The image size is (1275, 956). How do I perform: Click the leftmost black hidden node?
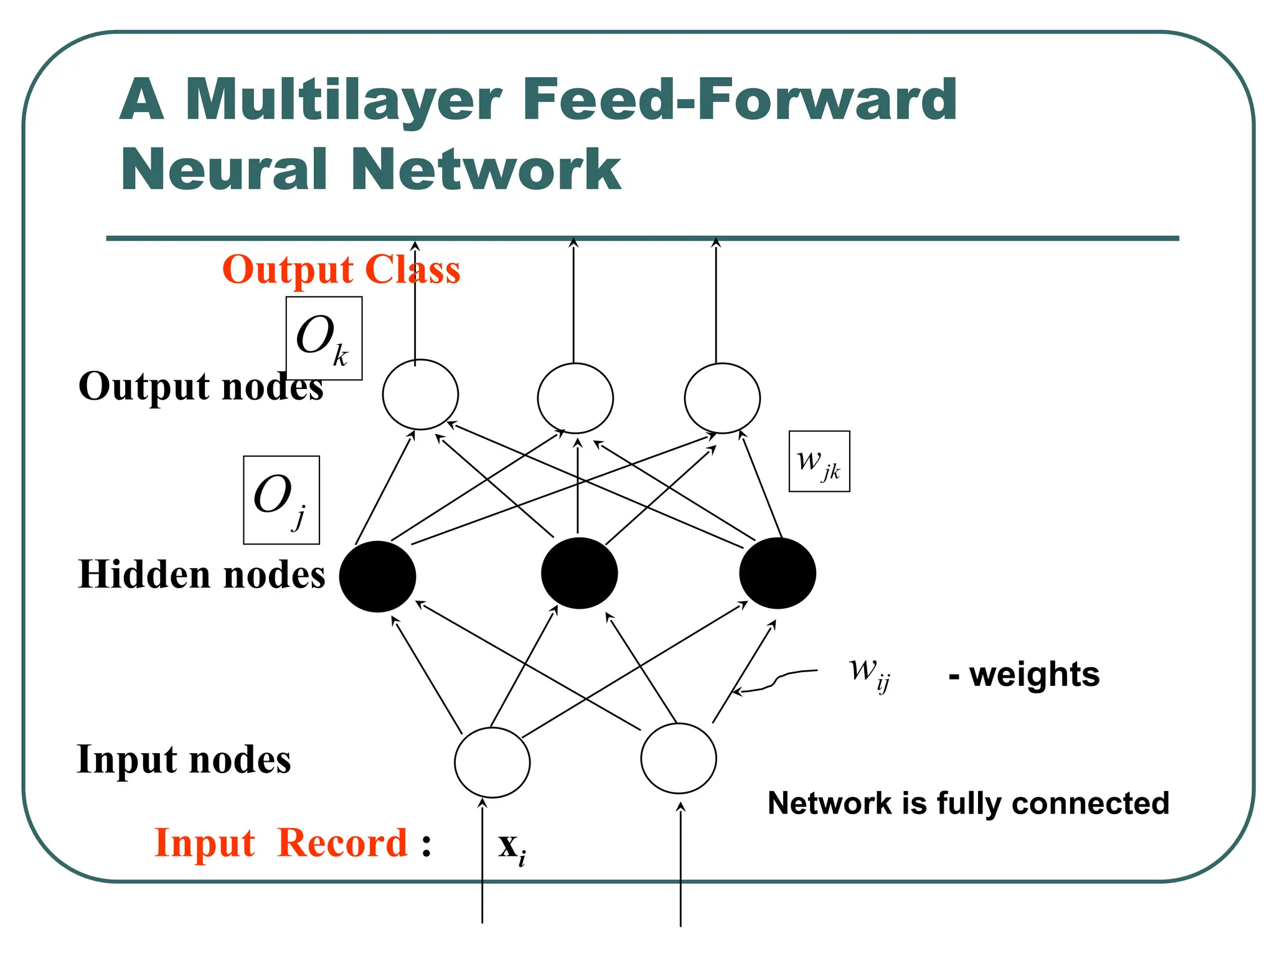(377, 576)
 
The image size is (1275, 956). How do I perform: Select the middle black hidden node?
(579, 573)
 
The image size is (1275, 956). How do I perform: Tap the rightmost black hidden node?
(778, 573)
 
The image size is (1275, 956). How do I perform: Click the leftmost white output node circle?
(420, 395)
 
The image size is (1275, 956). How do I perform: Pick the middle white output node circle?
(575, 398)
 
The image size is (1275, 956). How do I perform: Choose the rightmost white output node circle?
(722, 398)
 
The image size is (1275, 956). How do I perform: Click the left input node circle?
(492, 762)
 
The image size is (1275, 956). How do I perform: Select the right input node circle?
(679, 759)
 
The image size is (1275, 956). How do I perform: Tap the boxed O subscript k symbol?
(324, 339)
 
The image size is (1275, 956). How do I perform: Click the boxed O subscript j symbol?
(281, 500)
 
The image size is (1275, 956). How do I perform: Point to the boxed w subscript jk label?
(819, 462)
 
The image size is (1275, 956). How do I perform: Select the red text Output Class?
(341, 270)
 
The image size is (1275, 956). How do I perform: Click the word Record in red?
(342, 844)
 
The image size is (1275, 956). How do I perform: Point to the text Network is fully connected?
(968, 804)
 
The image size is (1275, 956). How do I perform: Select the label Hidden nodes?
(201, 574)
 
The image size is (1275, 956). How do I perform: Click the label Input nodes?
(184, 760)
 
